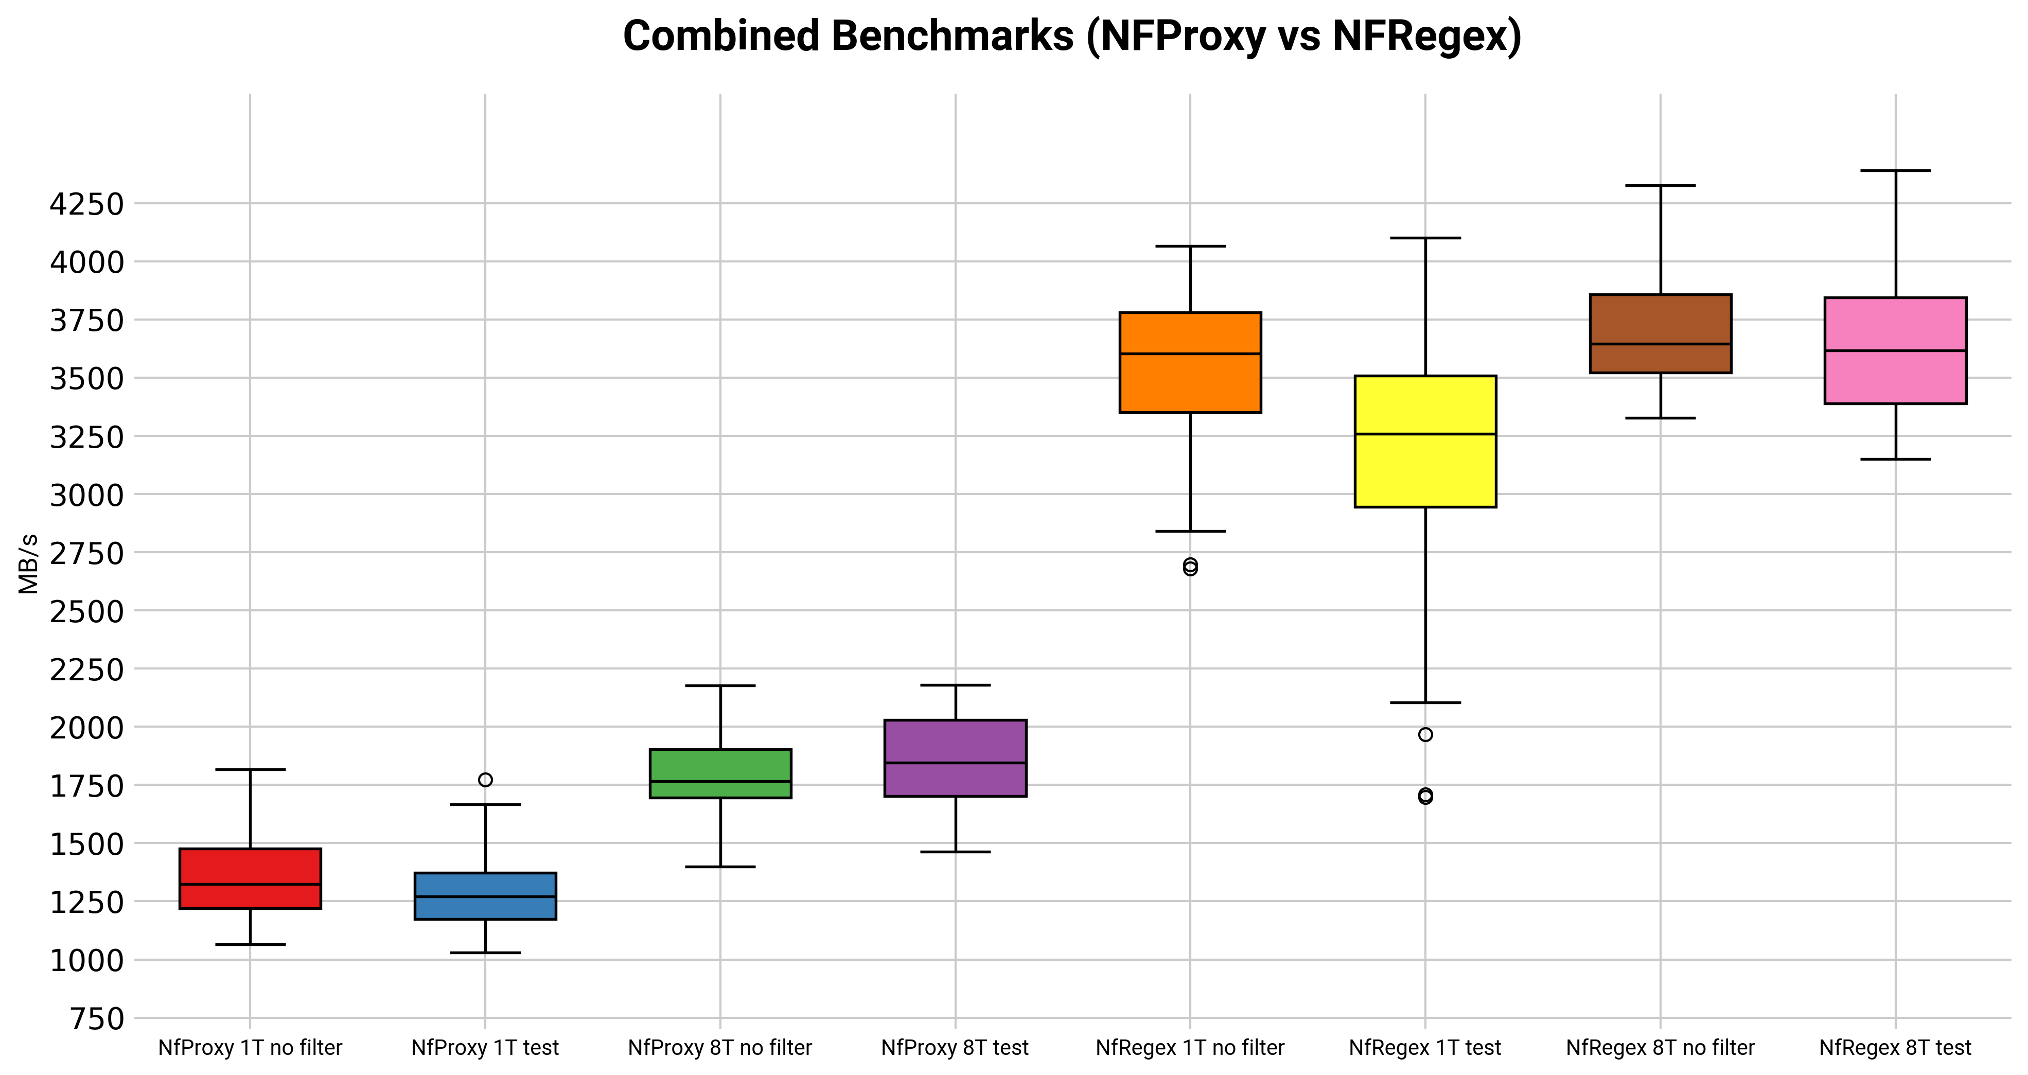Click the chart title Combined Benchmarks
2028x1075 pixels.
[x=1071, y=36]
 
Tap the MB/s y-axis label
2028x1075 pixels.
[x=28, y=564]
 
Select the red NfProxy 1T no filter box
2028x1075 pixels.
[x=251, y=878]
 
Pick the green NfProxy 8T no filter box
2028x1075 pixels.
[x=720, y=773]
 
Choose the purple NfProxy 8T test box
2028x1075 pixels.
[x=955, y=757]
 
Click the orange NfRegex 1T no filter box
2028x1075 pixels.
[x=1190, y=362]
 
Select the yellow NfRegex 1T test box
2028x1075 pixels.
[x=1425, y=441]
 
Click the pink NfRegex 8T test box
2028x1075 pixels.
[x=1895, y=350]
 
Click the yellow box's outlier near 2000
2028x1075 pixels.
[x=1425, y=735]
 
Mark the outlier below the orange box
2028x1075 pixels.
[x=1190, y=567]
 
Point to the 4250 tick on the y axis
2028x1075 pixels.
[x=86, y=204]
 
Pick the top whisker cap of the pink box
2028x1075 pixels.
[x=1895, y=170]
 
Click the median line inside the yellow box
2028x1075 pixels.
[x=1425, y=434]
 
